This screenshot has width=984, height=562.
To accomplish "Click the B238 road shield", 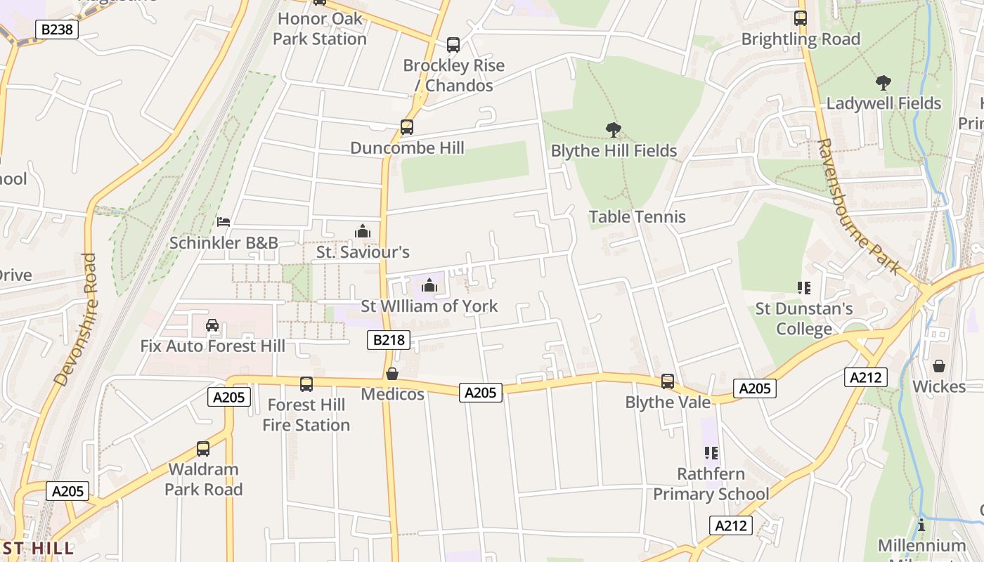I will (x=57, y=29).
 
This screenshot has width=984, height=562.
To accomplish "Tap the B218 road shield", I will (x=389, y=341).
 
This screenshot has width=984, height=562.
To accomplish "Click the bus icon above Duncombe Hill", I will (x=407, y=127).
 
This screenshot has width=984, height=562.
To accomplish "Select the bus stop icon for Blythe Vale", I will (x=668, y=381).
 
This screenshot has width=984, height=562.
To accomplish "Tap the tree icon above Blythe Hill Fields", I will (x=614, y=130).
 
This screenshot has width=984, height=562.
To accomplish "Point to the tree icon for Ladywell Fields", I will (x=883, y=83).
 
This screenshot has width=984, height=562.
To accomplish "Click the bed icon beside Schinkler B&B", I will (x=224, y=222).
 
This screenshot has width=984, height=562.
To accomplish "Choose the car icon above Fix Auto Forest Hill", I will (x=212, y=325).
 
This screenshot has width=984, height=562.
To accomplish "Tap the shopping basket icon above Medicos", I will (x=392, y=374).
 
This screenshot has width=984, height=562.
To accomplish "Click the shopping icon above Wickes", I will (x=939, y=366).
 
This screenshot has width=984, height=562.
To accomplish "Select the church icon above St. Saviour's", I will (x=363, y=231).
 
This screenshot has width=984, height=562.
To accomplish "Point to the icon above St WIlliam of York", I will (x=429, y=285).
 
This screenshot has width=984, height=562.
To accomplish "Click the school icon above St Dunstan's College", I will (x=804, y=287).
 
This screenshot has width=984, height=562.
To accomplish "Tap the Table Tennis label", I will (x=637, y=216).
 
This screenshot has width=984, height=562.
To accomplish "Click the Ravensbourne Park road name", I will (x=858, y=207).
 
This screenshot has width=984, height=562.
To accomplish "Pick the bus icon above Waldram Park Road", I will (x=203, y=448).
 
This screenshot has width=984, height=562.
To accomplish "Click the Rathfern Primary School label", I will (x=711, y=484).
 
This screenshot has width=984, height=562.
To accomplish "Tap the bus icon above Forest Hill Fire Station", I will (x=306, y=384).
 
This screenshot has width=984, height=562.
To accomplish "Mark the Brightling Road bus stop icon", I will (x=801, y=18).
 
